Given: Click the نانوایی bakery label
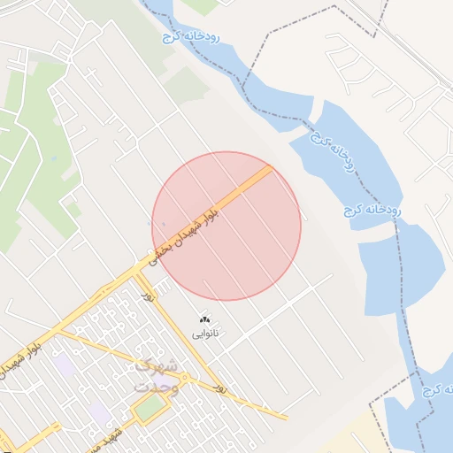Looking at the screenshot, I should [x=205, y=334].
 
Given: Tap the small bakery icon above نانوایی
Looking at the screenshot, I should [x=205, y=319].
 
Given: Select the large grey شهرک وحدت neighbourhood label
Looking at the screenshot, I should [x=157, y=375].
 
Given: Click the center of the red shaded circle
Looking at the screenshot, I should [x=226, y=226].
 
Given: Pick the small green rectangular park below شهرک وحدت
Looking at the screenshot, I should [x=150, y=408].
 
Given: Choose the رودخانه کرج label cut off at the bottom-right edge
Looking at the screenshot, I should [x=438, y=389].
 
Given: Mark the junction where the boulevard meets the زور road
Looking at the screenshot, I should [x=134, y=273].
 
